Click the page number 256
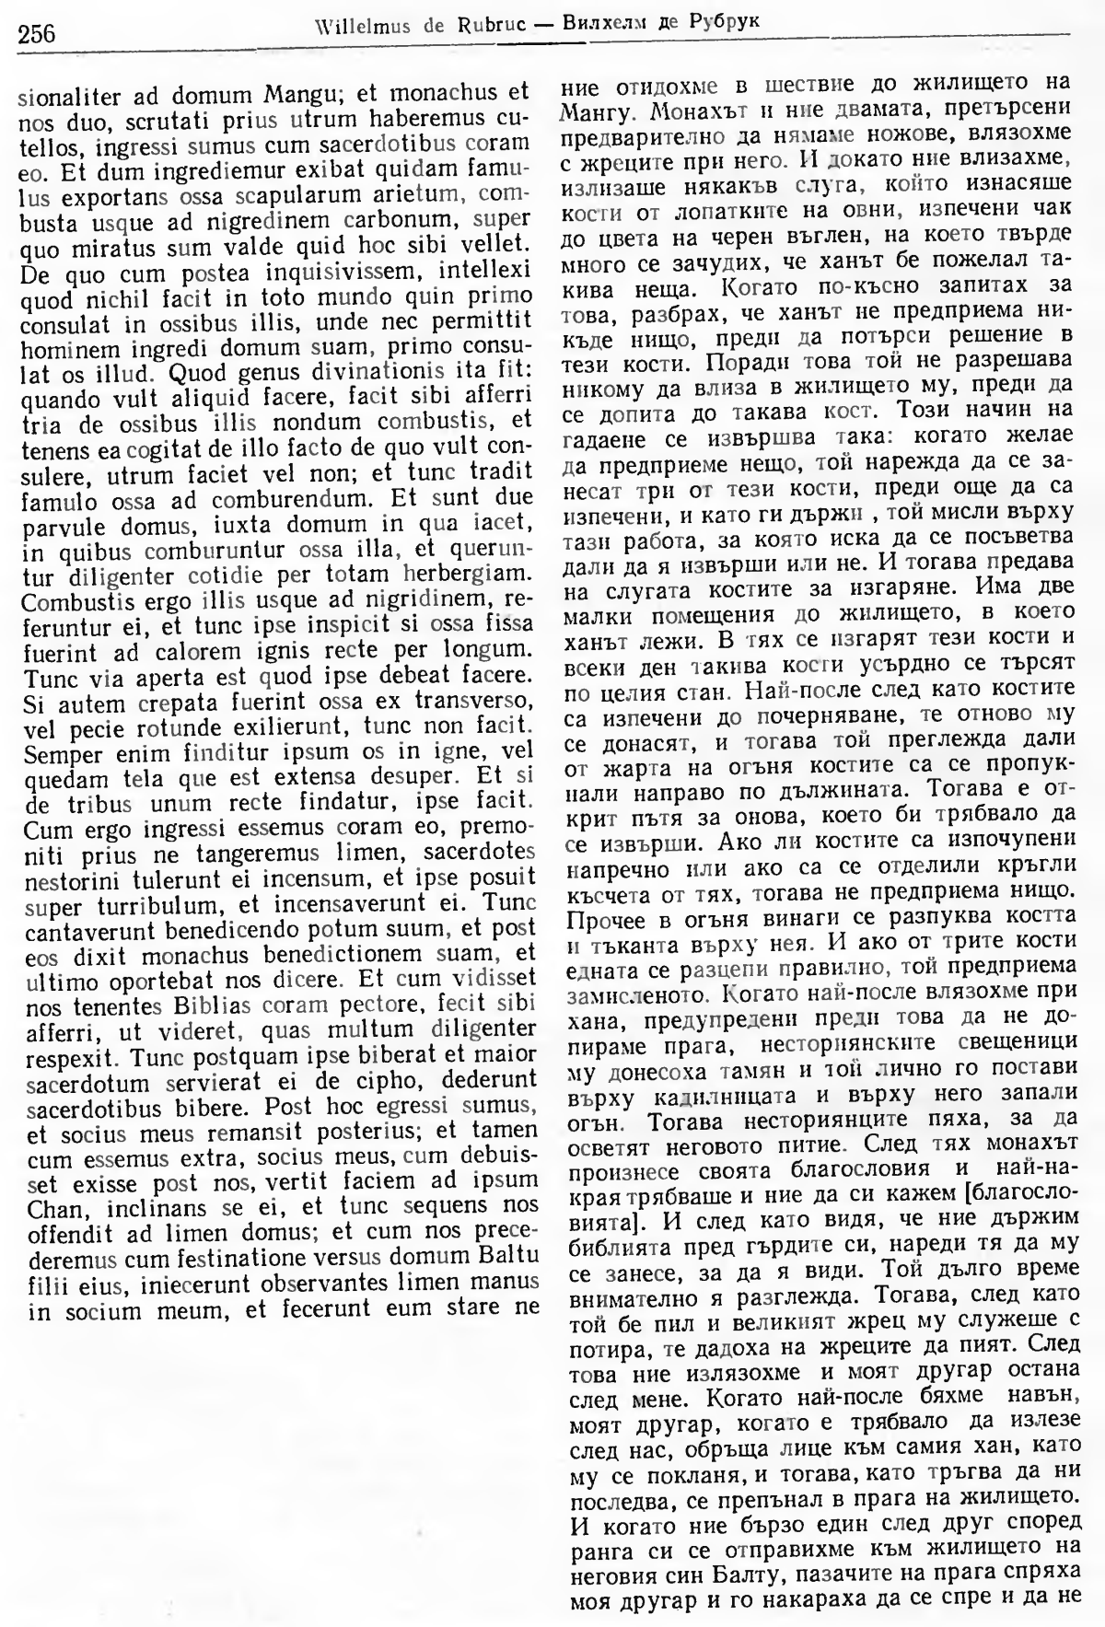37,34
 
